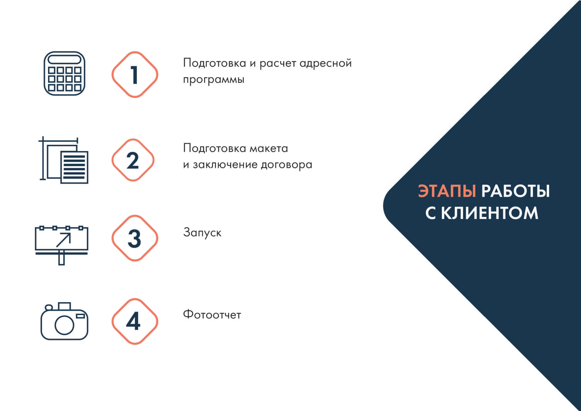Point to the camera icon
click(64, 321)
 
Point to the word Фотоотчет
click(212, 315)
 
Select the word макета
click(269, 149)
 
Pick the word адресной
click(326, 63)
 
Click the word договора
click(287, 165)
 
